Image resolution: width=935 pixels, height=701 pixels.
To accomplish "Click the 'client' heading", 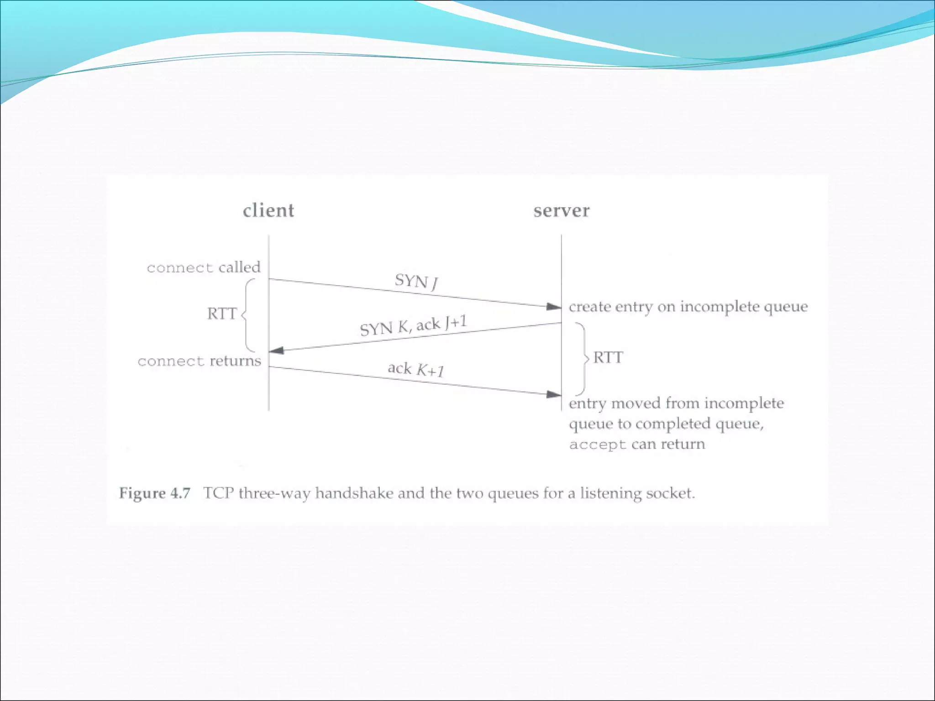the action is (x=268, y=210).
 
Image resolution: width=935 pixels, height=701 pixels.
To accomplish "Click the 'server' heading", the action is (x=561, y=210).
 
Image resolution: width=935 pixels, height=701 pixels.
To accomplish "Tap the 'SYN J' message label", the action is (x=416, y=281).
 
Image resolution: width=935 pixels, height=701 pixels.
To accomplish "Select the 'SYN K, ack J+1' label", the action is (x=413, y=325).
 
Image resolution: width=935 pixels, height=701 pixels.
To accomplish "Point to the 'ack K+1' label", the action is (x=415, y=369).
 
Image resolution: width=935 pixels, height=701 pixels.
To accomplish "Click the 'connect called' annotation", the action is (x=204, y=267).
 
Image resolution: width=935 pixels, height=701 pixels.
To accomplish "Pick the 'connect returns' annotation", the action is (x=200, y=361).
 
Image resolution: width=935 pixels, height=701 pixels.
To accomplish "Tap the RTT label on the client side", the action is (x=222, y=314).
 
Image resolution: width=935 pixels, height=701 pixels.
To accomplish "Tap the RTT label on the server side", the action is (x=608, y=357).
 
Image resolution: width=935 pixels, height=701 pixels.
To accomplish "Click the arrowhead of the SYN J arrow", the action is (x=554, y=307).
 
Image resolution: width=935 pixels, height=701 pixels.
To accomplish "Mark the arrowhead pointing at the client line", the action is (x=277, y=350).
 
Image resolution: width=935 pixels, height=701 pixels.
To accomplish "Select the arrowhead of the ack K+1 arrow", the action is (x=554, y=394).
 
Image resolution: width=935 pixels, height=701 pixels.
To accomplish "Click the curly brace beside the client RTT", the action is (x=248, y=314).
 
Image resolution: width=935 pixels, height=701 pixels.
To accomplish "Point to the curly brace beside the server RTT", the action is (x=582, y=358).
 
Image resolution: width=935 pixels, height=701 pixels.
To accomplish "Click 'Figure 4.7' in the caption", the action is (x=154, y=493).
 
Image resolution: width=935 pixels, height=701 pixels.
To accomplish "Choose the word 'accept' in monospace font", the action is (x=597, y=445).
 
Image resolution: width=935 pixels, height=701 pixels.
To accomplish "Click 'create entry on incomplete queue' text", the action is (x=688, y=307).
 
